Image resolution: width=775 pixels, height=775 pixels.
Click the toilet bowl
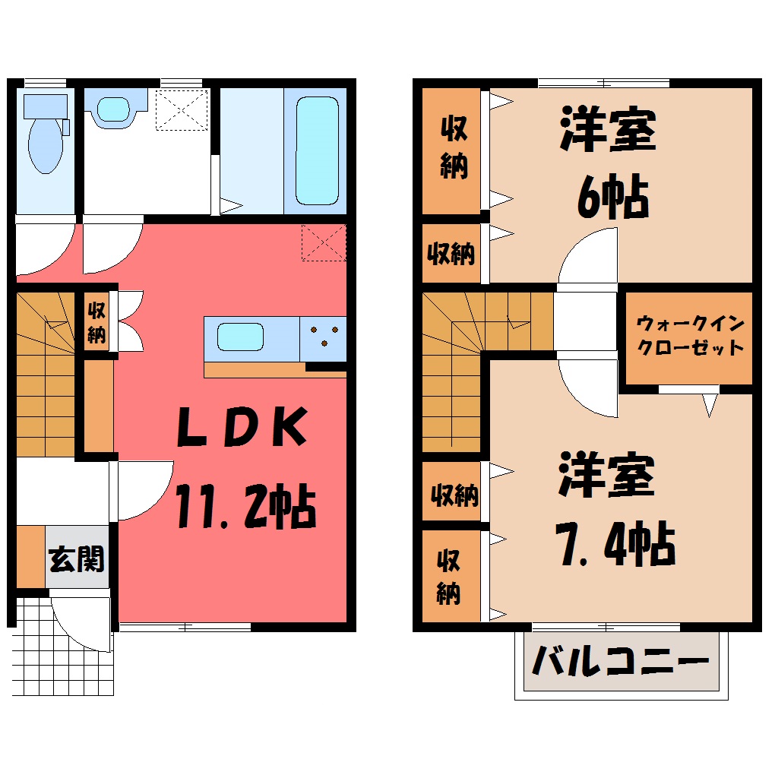46,145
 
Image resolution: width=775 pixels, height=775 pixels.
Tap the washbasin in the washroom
113,109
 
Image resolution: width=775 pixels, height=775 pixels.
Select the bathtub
318,150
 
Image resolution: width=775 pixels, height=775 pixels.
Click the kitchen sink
240,337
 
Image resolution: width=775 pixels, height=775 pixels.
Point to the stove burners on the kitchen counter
324,336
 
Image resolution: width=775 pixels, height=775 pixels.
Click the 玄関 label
77,559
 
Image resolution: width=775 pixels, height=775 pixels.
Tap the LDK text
242,426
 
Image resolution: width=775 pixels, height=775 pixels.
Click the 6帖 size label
613,196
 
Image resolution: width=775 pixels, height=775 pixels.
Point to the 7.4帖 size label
615,544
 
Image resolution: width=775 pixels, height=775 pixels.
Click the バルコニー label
621,661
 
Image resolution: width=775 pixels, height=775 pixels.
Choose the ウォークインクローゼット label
690,336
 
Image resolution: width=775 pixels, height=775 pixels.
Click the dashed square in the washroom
182,109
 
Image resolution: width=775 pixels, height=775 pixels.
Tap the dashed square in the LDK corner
324,242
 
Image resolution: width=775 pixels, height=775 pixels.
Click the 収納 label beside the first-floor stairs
97,323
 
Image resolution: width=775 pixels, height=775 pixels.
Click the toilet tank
46,107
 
